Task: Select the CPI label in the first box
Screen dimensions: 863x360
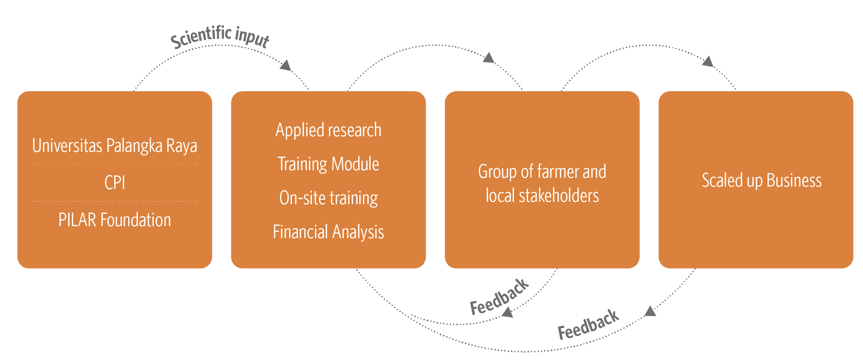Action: [x=115, y=183]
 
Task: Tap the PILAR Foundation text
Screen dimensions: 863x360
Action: [x=115, y=220]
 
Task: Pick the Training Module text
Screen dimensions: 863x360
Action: [x=328, y=164]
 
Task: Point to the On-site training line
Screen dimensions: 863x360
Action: [x=328, y=198]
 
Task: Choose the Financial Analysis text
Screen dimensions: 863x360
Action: [x=328, y=232]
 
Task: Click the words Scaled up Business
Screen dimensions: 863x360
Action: [x=762, y=181]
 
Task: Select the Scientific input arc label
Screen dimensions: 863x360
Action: [x=220, y=37]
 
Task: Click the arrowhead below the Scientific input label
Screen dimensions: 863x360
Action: [x=286, y=65]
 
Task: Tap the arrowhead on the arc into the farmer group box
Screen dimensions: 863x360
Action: [x=489, y=58]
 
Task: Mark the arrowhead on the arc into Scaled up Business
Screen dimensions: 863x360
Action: [x=708, y=62]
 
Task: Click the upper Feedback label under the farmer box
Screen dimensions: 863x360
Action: [x=499, y=296]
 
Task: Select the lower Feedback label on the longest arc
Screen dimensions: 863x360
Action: [x=588, y=324]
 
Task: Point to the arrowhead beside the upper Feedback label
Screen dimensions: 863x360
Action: [x=508, y=312]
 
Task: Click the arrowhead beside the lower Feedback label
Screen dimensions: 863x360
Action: [x=651, y=311]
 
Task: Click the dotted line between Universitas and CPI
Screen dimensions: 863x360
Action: [x=115, y=164]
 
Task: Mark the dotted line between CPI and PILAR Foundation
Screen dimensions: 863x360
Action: [x=115, y=201]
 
